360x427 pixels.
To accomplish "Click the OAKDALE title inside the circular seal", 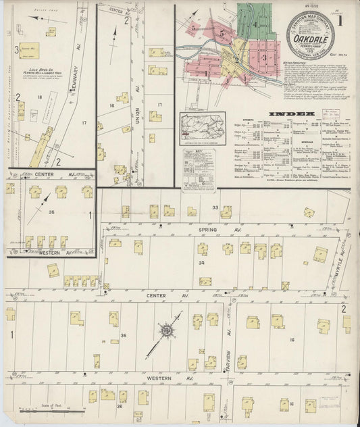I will pos(308,39).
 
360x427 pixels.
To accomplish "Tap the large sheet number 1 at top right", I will pos(339,20).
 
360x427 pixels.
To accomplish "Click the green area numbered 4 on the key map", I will pos(255,25).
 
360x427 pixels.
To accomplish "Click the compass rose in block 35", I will pos(165,331).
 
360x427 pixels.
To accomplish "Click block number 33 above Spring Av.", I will pos(215,207).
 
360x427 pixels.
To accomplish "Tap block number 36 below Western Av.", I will pos(120,405).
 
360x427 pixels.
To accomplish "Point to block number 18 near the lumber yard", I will pos(40,98).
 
